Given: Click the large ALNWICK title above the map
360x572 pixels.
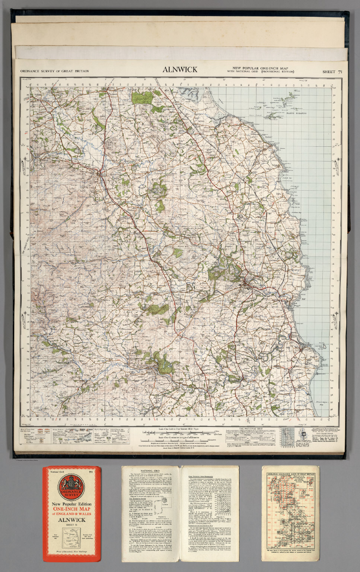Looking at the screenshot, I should [180, 70].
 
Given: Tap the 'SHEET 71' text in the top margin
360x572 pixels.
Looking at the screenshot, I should [332, 71].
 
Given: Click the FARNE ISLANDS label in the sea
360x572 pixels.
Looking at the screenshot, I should [296, 113].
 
